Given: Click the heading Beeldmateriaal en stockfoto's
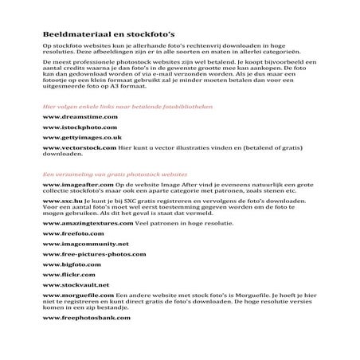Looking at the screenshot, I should (103, 36).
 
